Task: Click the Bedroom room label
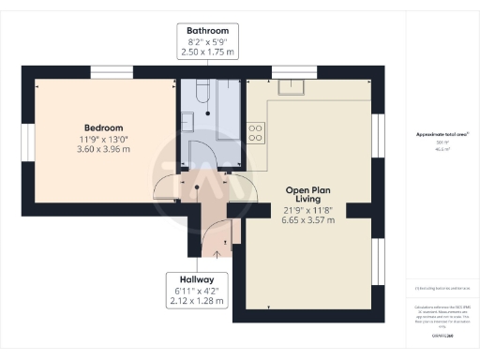click(104, 127)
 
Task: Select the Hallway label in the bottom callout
click(198, 278)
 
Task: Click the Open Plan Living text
click(309, 194)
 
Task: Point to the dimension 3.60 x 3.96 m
click(104, 150)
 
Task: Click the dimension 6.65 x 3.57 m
click(309, 220)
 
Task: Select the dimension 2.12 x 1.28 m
click(198, 301)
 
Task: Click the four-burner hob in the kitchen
click(255, 132)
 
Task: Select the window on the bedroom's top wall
click(111, 71)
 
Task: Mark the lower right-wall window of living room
click(379, 262)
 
